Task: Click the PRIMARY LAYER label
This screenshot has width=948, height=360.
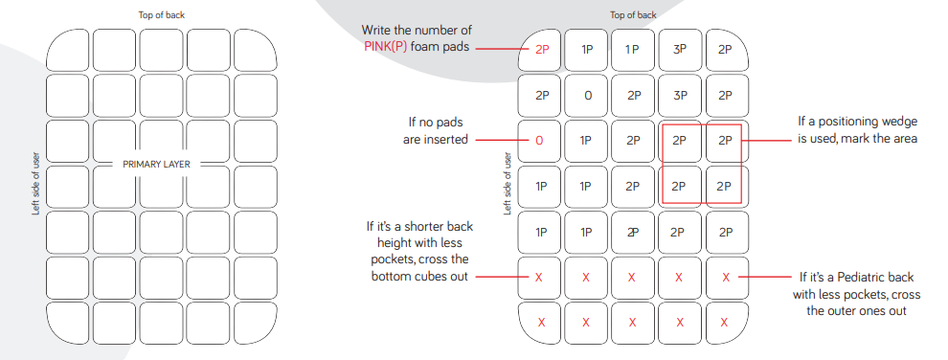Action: tap(157, 164)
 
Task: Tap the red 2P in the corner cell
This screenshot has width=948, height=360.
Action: tap(542, 50)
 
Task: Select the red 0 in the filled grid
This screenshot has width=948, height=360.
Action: tap(539, 141)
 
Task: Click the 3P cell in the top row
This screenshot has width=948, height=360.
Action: tap(680, 50)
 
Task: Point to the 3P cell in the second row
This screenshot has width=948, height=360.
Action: tap(680, 96)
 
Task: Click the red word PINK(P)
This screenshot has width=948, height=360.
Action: tap(385, 46)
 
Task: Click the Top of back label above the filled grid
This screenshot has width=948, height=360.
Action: tap(633, 15)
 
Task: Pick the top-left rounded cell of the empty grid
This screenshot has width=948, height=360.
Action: tap(68, 50)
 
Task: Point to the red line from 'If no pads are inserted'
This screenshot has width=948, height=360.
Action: tap(501, 141)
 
